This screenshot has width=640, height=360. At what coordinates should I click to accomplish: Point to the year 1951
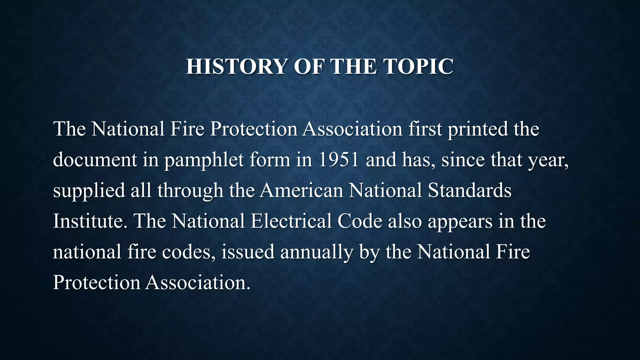coord(339,159)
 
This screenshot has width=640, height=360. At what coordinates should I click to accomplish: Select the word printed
coord(478,129)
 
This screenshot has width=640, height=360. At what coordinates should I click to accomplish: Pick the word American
coord(301,190)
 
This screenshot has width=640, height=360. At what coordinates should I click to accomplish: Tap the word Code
coord(360,221)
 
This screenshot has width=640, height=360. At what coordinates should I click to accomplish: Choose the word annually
coord(317,252)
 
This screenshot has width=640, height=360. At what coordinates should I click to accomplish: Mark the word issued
coord(248,251)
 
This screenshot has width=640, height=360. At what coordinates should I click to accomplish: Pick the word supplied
coord(89,191)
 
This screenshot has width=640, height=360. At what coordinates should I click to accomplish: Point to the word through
coord(190,191)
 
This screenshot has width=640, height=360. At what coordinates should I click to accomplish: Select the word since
coord(463,159)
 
